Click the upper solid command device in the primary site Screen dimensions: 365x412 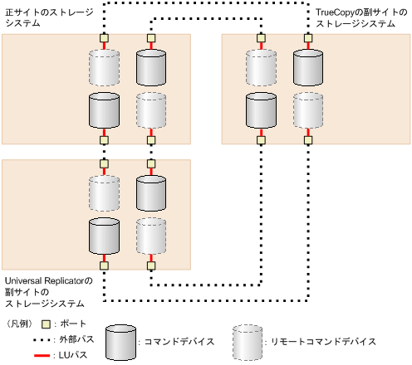pos(151,66)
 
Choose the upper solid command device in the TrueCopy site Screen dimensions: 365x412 pos(308,66)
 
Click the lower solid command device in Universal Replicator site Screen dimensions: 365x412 pos(104,236)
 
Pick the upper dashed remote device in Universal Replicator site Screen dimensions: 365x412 pos(104,192)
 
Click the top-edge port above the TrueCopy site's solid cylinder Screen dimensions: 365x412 pos(308,37)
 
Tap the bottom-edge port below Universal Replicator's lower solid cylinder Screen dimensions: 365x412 pos(104,266)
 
